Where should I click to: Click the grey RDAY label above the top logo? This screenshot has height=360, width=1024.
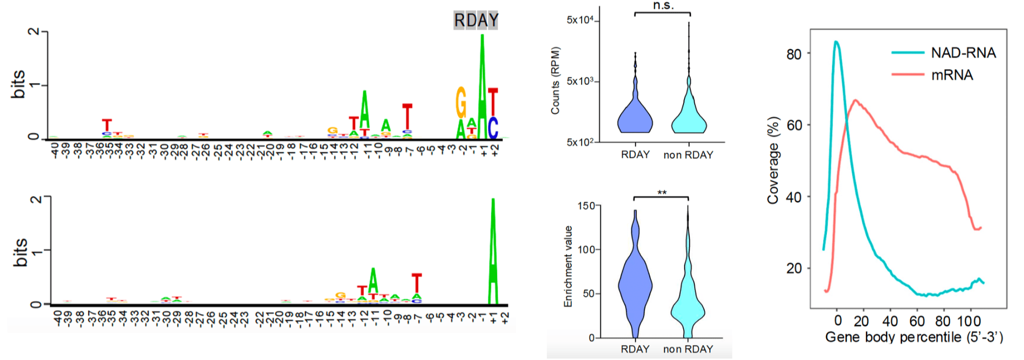tap(476, 20)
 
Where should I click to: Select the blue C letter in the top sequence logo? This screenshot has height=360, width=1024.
tap(493, 128)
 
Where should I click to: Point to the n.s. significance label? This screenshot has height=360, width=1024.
tap(663, 6)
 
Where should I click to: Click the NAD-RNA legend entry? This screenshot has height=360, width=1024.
tap(963, 53)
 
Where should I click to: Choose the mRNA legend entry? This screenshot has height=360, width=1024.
tap(952, 75)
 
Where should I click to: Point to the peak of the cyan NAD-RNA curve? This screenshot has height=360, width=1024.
tap(836, 42)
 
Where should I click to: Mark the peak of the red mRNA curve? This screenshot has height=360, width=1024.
tap(855, 100)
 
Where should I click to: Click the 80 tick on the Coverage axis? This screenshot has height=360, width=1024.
tap(794, 54)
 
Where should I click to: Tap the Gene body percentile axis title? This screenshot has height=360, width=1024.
tap(914, 337)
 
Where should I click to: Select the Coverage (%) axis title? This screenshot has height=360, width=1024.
tap(773, 160)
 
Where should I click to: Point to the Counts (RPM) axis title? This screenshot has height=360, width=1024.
tap(556, 80)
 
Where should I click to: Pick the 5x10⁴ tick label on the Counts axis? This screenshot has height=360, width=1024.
tap(580, 20)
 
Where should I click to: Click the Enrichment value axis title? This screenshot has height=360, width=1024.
tap(568, 266)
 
